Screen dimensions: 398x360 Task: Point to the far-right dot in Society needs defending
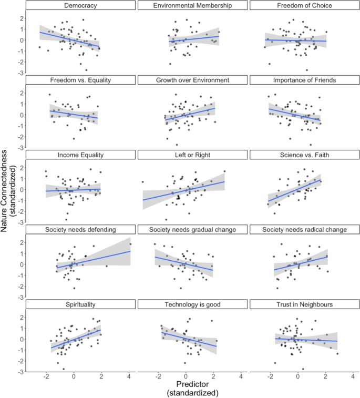pyautogui.click(x=130, y=244)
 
